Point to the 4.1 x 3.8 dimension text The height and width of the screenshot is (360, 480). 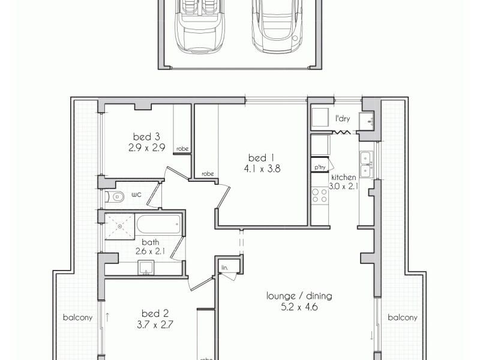262,169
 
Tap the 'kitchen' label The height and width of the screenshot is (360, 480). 343,178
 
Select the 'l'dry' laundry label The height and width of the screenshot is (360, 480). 343,119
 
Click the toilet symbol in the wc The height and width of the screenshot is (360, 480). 115,196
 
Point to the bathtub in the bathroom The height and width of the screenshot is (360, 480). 158,226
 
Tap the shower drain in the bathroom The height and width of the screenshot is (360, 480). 120,226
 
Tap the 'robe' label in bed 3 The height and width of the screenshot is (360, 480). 182,149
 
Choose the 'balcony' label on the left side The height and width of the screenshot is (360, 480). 78,318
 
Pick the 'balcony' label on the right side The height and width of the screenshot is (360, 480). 402,317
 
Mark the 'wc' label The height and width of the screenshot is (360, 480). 136,194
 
